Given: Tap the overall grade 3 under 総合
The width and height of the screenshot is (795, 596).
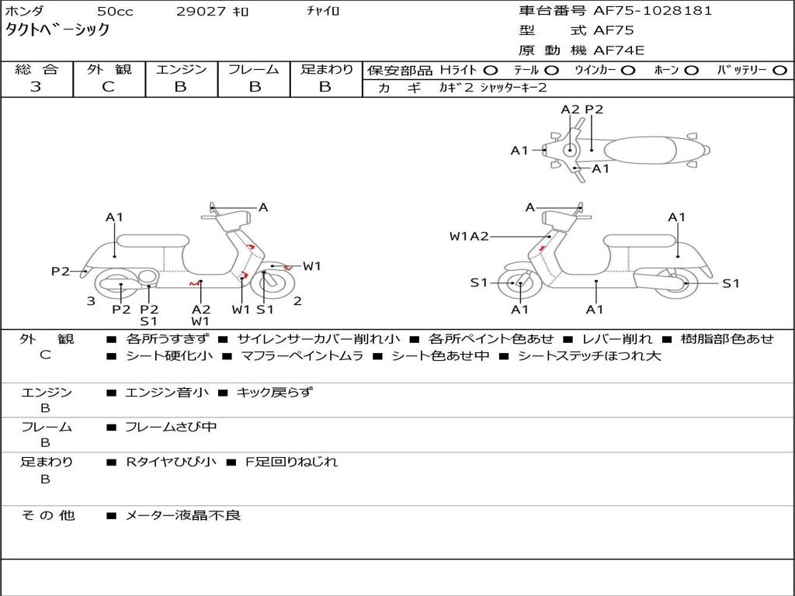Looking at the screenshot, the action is (36, 87).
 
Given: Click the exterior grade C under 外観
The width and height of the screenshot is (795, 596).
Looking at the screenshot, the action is (108, 87).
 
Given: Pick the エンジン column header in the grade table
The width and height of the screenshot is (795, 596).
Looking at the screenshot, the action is (181, 69).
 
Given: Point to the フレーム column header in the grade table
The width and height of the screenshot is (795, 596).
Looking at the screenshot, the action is (253, 69).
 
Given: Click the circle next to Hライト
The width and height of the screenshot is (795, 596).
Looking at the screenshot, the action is (491, 70).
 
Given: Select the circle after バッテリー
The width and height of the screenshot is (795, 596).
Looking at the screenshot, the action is (779, 70).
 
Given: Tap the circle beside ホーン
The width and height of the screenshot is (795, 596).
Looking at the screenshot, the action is (692, 70).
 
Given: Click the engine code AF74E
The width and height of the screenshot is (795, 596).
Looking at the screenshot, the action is (619, 51).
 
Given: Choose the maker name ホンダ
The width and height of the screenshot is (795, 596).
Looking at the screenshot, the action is (24, 12).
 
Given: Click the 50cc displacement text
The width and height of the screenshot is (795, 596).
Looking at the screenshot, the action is (114, 12).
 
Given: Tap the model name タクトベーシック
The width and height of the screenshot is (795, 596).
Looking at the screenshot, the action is (57, 31).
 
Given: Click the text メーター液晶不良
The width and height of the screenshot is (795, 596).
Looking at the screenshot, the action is (183, 515).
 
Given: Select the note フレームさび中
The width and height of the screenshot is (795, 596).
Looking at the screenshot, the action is (171, 427).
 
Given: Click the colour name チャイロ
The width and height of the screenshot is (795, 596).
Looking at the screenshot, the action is (323, 12).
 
